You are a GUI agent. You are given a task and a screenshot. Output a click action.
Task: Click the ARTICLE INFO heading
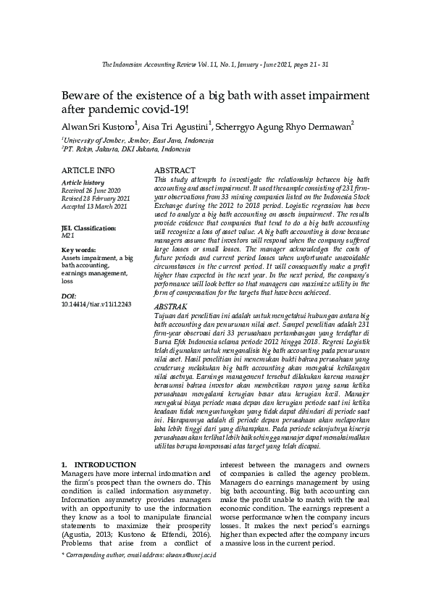tap(88, 170)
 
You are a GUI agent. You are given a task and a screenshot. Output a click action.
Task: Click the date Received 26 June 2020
tap(91, 190)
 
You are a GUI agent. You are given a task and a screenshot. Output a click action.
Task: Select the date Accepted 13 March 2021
tap(95, 206)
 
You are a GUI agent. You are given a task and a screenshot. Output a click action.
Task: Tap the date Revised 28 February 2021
tap(96, 198)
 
